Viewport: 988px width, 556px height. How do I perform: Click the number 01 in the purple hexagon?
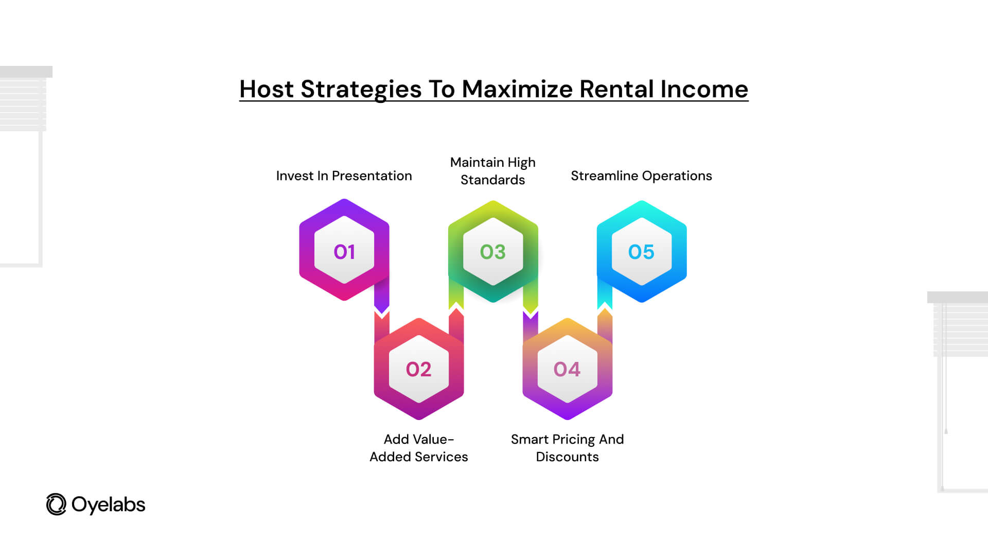(344, 252)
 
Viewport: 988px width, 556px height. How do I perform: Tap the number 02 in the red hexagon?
(418, 369)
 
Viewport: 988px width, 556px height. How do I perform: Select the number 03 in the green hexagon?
(492, 252)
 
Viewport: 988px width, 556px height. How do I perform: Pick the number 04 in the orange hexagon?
(567, 369)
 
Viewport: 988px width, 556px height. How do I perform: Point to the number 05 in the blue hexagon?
(641, 252)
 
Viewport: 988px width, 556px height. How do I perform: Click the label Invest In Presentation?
(344, 176)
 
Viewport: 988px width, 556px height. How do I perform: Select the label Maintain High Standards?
(493, 171)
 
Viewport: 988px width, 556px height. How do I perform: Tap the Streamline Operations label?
(641, 176)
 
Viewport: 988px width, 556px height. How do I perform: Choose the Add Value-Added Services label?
(419, 448)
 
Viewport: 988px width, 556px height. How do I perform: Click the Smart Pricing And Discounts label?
(567, 448)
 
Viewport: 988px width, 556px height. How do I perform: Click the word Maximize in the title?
(517, 89)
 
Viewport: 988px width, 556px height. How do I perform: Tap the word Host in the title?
(267, 89)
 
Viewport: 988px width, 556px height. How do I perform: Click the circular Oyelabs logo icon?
(56, 505)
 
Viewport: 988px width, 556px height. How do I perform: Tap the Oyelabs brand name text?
(108, 505)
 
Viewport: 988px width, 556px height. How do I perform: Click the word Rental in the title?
(616, 89)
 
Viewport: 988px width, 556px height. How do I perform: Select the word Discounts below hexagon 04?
(567, 457)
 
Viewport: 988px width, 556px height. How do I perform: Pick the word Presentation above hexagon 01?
(372, 176)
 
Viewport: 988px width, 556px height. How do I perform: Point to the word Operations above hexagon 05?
(677, 176)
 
